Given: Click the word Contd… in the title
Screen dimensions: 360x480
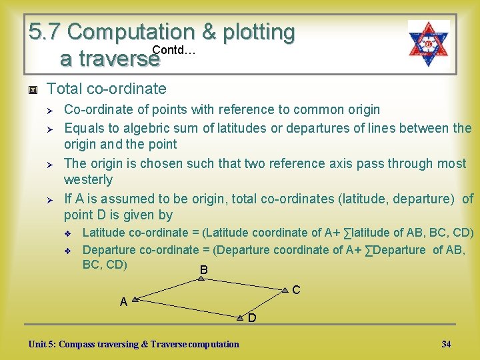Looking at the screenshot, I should coord(173,50).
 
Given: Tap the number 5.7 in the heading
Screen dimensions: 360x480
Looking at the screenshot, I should coord(45,31).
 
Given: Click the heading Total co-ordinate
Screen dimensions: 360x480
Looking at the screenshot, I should coord(107,89).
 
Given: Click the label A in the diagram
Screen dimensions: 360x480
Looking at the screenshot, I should coord(123,302).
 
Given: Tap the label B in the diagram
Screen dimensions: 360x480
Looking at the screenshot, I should coord(203,269).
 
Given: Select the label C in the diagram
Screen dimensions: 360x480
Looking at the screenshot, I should coord(296,290).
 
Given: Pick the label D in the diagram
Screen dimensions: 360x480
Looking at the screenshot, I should coord(252,318).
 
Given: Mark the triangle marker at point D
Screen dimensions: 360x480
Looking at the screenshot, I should coord(240,318).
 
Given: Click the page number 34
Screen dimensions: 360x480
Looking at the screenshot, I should coord(446,344).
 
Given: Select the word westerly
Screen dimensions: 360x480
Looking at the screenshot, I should coord(88,179).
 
